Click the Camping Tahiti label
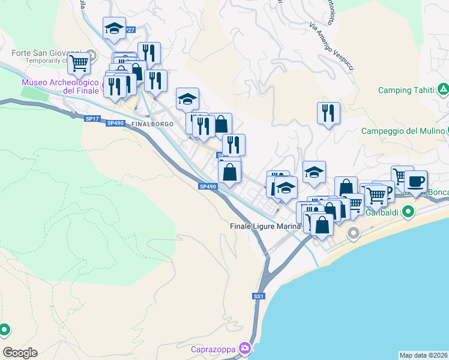point(405,91)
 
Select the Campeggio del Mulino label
point(402,131)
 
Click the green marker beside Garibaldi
point(409,211)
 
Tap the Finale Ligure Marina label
point(265,226)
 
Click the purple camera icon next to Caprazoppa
point(244,347)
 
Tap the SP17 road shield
point(92,119)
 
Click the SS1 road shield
point(259,296)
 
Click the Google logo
point(20,353)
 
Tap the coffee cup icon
point(415,180)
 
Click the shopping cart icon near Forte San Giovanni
point(79,62)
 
